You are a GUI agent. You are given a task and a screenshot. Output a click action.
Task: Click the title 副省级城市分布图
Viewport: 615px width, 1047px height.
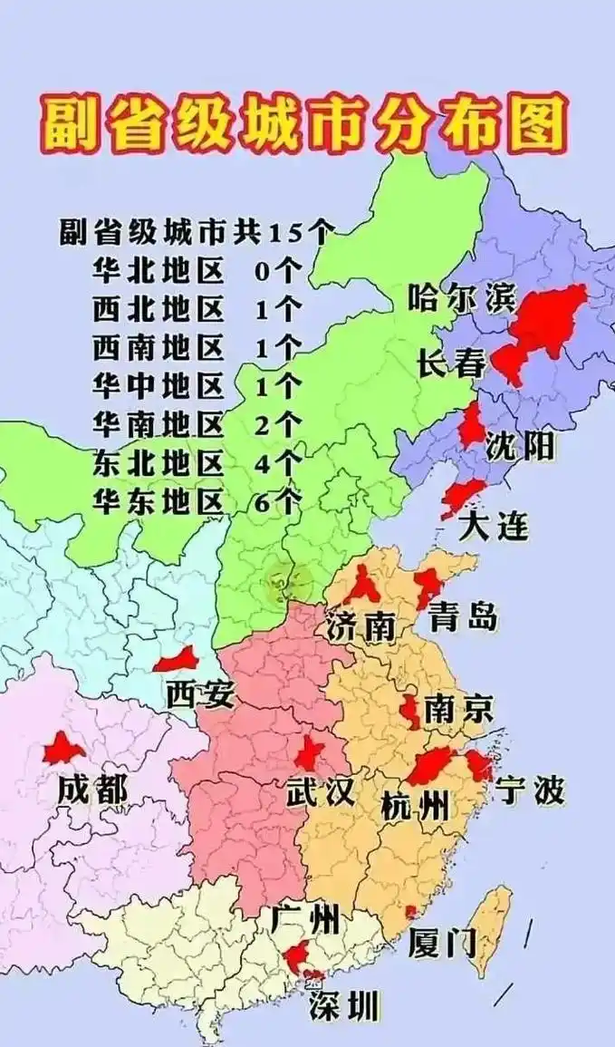coord(303,124)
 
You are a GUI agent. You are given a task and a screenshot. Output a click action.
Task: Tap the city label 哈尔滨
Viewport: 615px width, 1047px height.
coord(460,298)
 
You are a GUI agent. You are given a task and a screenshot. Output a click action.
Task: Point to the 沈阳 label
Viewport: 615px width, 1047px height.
coord(520,445)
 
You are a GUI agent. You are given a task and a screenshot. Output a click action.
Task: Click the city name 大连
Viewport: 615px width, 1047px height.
coord(493,526)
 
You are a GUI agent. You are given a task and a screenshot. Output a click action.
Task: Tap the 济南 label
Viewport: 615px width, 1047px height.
coord(361,625)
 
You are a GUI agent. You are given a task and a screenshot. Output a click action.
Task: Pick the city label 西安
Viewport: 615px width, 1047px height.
coord(200,694)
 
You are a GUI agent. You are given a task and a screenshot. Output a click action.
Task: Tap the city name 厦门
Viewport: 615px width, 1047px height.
coord(442,943)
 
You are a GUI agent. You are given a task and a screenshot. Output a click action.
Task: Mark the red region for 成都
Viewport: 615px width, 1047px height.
coord(64,749)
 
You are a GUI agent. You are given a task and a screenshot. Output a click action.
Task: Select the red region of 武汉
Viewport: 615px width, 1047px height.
coord(309,752)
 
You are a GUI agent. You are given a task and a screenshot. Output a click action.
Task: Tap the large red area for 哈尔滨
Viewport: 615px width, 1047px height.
coord(548,317)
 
